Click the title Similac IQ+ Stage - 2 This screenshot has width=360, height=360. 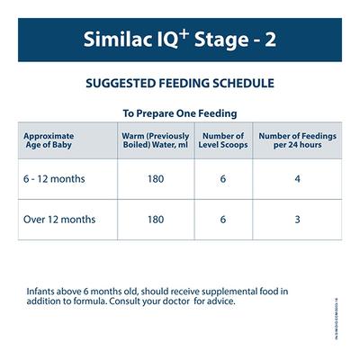click(180, 41)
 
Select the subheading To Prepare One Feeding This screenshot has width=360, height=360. click(180, 113)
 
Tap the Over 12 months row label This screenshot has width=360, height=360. click(59, 219)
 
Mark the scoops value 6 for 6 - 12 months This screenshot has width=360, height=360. click(221, 178)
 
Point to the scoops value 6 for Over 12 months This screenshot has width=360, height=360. click(221, 219)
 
